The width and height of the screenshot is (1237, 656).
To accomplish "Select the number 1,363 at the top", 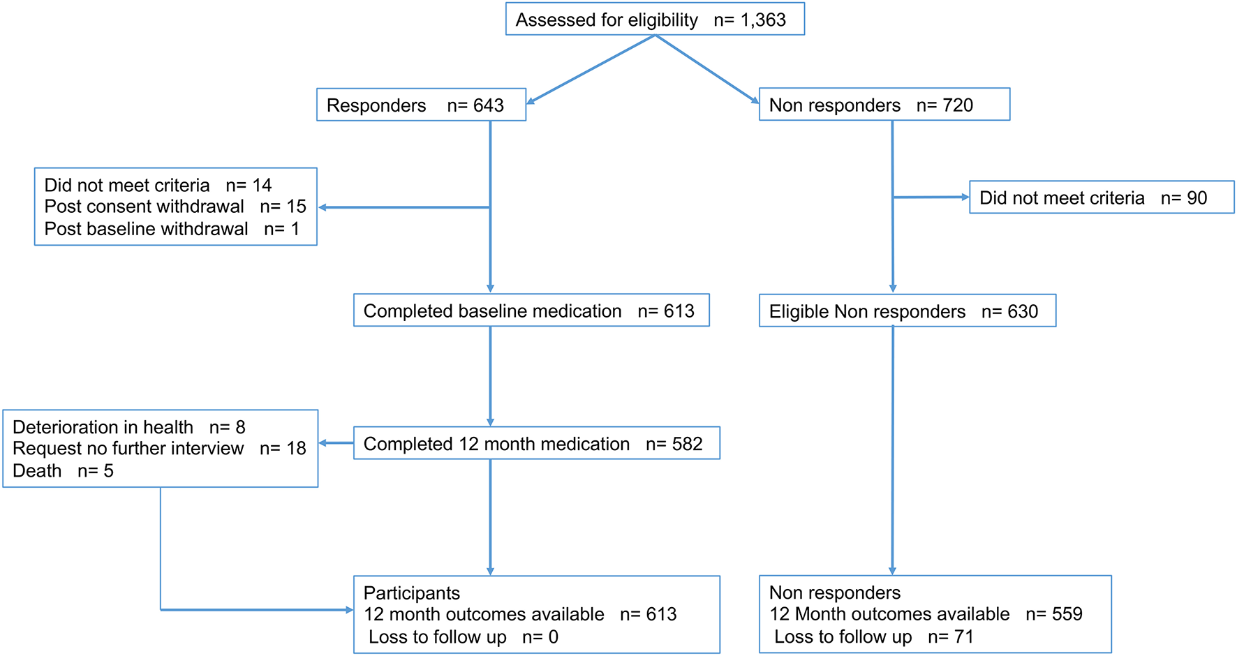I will [763, 20].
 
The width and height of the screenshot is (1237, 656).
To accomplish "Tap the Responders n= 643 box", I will [421, 105].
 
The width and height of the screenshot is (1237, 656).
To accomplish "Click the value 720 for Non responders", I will [957, 105].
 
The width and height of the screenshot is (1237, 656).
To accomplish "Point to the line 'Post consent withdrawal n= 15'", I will [175, 207].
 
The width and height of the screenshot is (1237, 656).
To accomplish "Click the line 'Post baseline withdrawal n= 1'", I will [171, 229].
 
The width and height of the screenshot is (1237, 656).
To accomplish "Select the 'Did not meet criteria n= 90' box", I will [1101, 197].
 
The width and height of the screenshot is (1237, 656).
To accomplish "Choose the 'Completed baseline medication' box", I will [531, 311].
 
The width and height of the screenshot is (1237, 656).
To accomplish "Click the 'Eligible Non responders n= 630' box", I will [907, 311].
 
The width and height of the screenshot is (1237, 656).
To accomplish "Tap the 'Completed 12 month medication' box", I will [536, 444].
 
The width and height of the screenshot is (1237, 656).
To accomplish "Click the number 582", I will [687, 444].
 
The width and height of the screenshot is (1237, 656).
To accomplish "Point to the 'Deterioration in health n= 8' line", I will [128, 427].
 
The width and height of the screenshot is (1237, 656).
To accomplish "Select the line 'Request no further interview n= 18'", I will [159, 449].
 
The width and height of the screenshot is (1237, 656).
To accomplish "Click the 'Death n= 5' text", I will [63, 471].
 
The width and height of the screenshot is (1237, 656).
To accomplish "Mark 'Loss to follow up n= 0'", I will [463, 637].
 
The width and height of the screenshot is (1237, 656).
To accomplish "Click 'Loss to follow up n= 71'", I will [873, 637].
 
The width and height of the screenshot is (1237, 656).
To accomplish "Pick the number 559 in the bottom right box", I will [1067, 614].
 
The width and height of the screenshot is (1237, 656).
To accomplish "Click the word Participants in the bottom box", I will [411, 593].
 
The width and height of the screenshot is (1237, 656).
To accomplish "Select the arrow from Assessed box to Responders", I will [590, 70].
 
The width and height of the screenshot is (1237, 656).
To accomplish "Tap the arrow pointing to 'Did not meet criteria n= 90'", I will [932, 197].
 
